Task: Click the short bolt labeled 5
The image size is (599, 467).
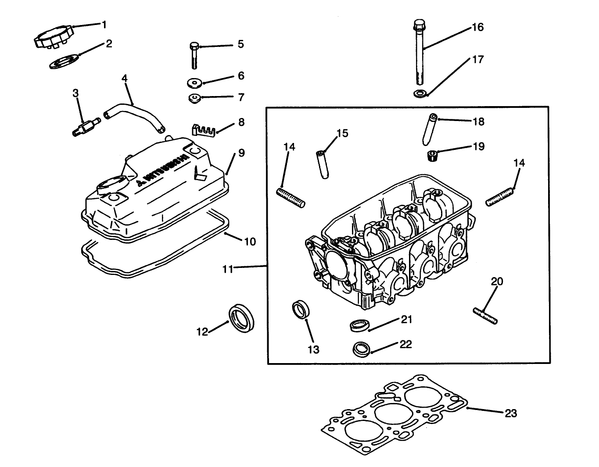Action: click(x=194, y=56)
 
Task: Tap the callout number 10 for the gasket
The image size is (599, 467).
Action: click(x=250, y=242)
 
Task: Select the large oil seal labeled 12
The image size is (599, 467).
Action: click(x=242, y=318)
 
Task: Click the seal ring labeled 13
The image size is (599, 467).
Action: click(x=301, y=309)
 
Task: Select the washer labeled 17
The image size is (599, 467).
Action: click(x=420, y=93)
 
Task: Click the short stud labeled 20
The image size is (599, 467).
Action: click(x=485, y=316)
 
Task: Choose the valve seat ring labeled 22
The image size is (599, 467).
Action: click(x=362, y=349)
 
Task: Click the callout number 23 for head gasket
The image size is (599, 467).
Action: click(x=511, y=413)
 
